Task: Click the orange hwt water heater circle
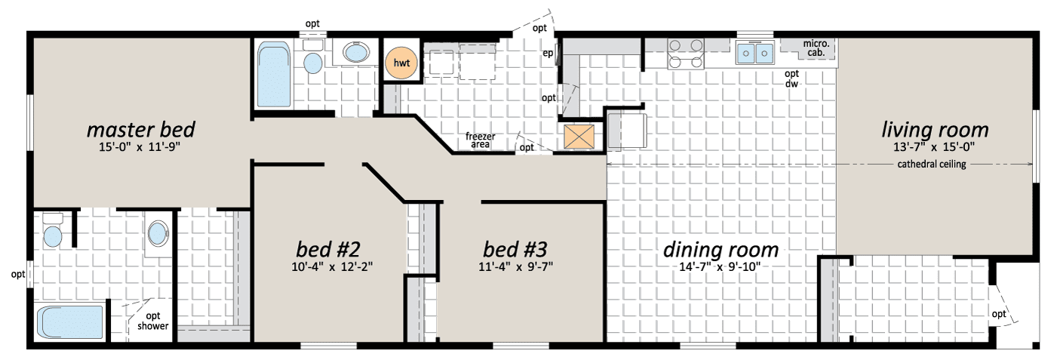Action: coord(401,63)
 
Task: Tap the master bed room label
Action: coord(140,130)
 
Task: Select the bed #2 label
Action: coord(328,249)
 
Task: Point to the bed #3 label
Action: coord(515,249)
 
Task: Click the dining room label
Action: coord(721,250)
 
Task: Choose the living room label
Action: coord(935,130)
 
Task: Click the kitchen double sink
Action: coord(755,53)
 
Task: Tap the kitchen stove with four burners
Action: coord(686,54)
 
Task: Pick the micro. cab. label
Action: coord(816,48)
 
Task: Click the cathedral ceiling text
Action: coord(932,165)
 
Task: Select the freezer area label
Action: coord(481,140)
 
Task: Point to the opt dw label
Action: coord(792,78)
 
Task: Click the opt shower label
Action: coord(153,321)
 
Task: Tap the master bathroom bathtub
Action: coord(70,322)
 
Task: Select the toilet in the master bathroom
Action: coord(52,231)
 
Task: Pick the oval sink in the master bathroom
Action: coord(158,233)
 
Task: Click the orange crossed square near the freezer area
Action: coord(579,137)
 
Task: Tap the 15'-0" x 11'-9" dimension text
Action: coord(140,147)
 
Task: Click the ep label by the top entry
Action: coord(548,53)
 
